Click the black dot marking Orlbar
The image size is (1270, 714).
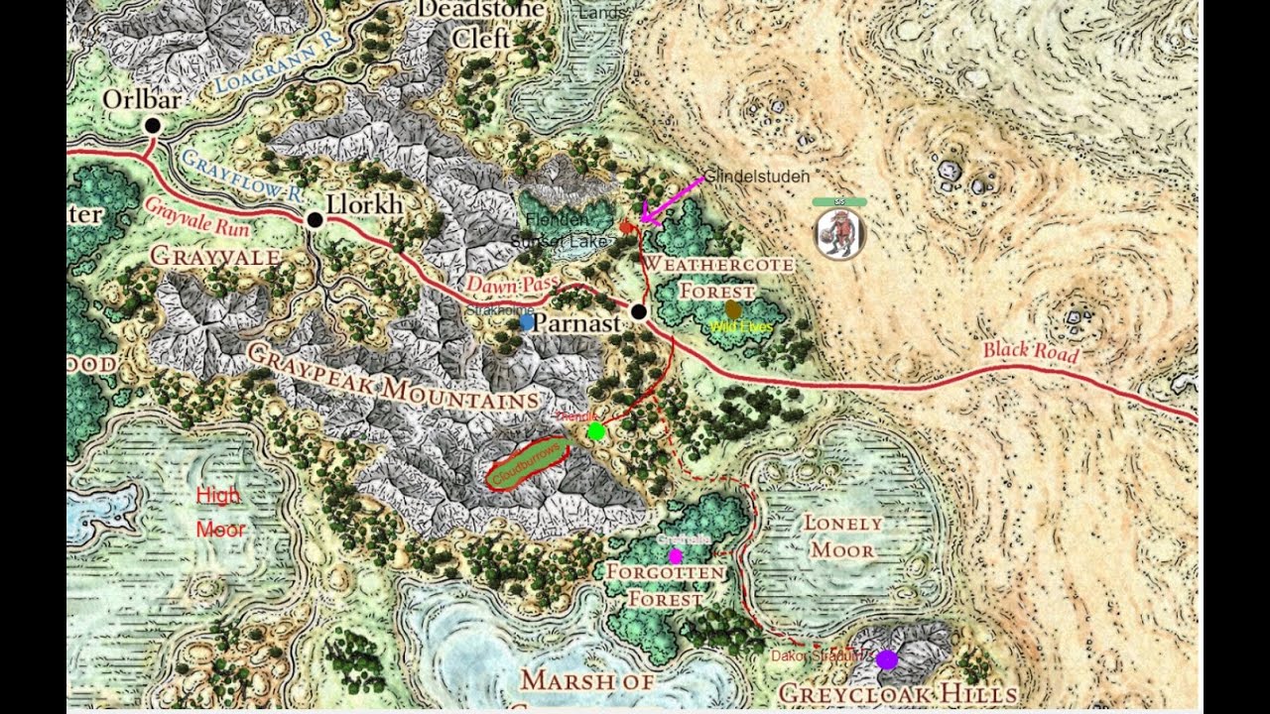tap(152, 125)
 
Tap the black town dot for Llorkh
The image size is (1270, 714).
tap(315, 219)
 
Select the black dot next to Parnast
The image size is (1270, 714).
tap(639, 312)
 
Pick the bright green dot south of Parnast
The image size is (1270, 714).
tap(595, 431)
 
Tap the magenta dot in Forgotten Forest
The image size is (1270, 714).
tap(676, 556)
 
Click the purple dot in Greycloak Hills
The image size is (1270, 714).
tap(887, 659)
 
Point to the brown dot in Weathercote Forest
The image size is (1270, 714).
tap(733, 309)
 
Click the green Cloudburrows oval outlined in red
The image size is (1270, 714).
tap(528, 464)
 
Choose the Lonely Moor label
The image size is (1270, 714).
tap(841, 535)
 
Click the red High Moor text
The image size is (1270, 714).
tap(219, 512)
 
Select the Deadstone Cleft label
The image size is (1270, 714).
tap(481, 24)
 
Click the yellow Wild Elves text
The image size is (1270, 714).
tap(741, 327)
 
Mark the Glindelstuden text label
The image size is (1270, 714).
tap(757, 177)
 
